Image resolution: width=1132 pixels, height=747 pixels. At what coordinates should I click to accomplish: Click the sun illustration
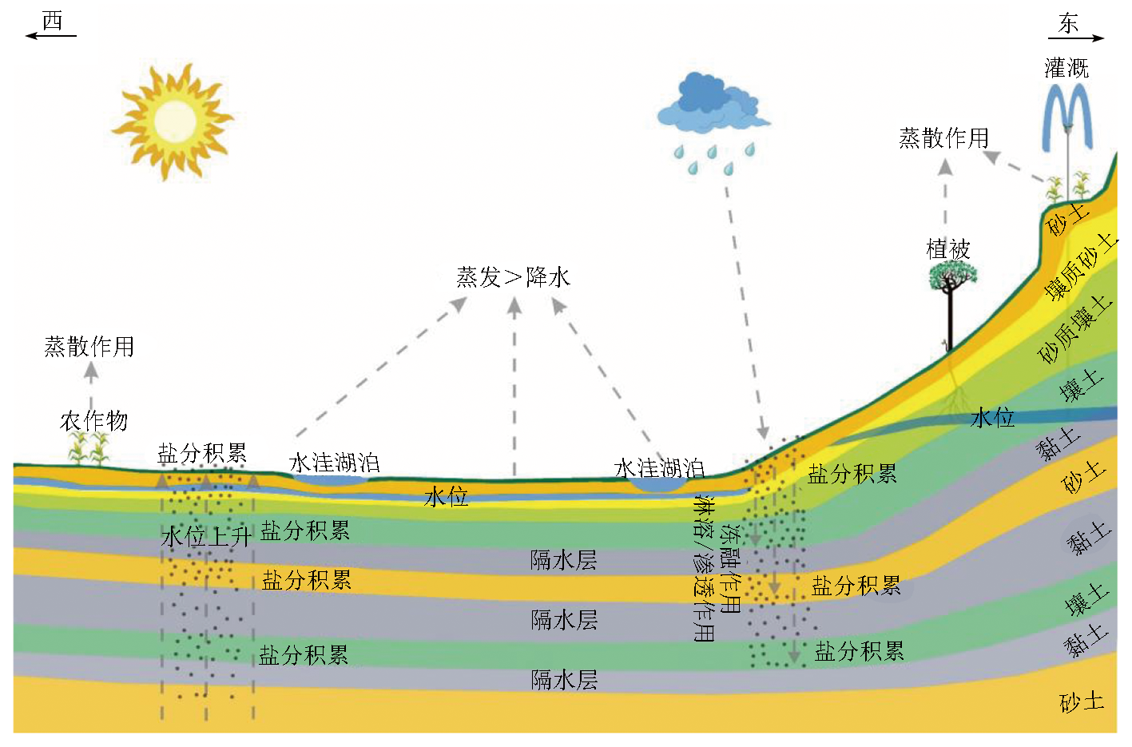pyautogui.click(x=171, y=121)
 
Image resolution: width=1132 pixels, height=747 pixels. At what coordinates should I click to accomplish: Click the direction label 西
pyautogui.click(x=52, y=22)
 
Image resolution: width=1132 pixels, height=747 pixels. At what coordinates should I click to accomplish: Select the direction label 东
pyautogui.click(x=1068, y=24)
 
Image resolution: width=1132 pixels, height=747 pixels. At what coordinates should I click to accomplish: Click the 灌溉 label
pyautogui.click(x=1066, y=68)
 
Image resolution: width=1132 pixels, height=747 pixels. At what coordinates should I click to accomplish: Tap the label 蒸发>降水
pyautogui.click(x=513, y=277)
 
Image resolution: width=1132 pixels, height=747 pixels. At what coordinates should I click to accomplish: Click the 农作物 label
pyautogui.click(x=93, y=420)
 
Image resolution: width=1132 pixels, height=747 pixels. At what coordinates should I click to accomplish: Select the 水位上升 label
pyautogui.click(x=206, y=536)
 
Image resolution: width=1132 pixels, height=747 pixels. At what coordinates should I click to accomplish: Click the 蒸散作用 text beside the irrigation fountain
pyautogui.click(x=943, y=138)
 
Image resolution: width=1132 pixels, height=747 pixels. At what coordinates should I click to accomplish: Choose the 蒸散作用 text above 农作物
pyautogui.click(x=89, y=346)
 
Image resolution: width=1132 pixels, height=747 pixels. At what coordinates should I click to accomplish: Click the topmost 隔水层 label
pyautogui.click(x=564, y=559)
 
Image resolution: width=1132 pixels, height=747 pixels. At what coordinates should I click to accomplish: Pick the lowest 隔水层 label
pyautogui.click(x=564, y=680)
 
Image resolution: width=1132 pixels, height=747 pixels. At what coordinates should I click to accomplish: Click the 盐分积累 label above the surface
pyautogui.click(x=202, y=453)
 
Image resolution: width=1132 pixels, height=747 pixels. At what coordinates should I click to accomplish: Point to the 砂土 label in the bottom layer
pyautogui.click(x=1082, y=702)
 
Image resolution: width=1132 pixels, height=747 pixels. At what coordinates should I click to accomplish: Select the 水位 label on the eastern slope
pyautogui.click(x=992, y=417)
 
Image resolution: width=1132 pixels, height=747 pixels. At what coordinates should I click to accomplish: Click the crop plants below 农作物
pyautogui.click(x=89, y=449)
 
